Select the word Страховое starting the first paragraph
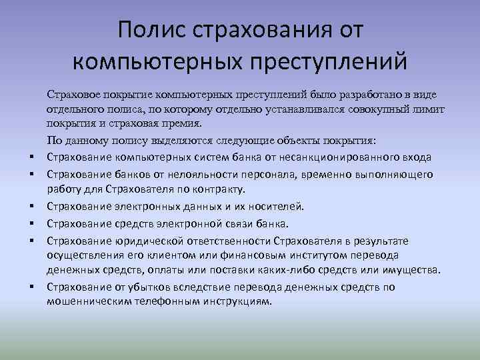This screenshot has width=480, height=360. [73, 96]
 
